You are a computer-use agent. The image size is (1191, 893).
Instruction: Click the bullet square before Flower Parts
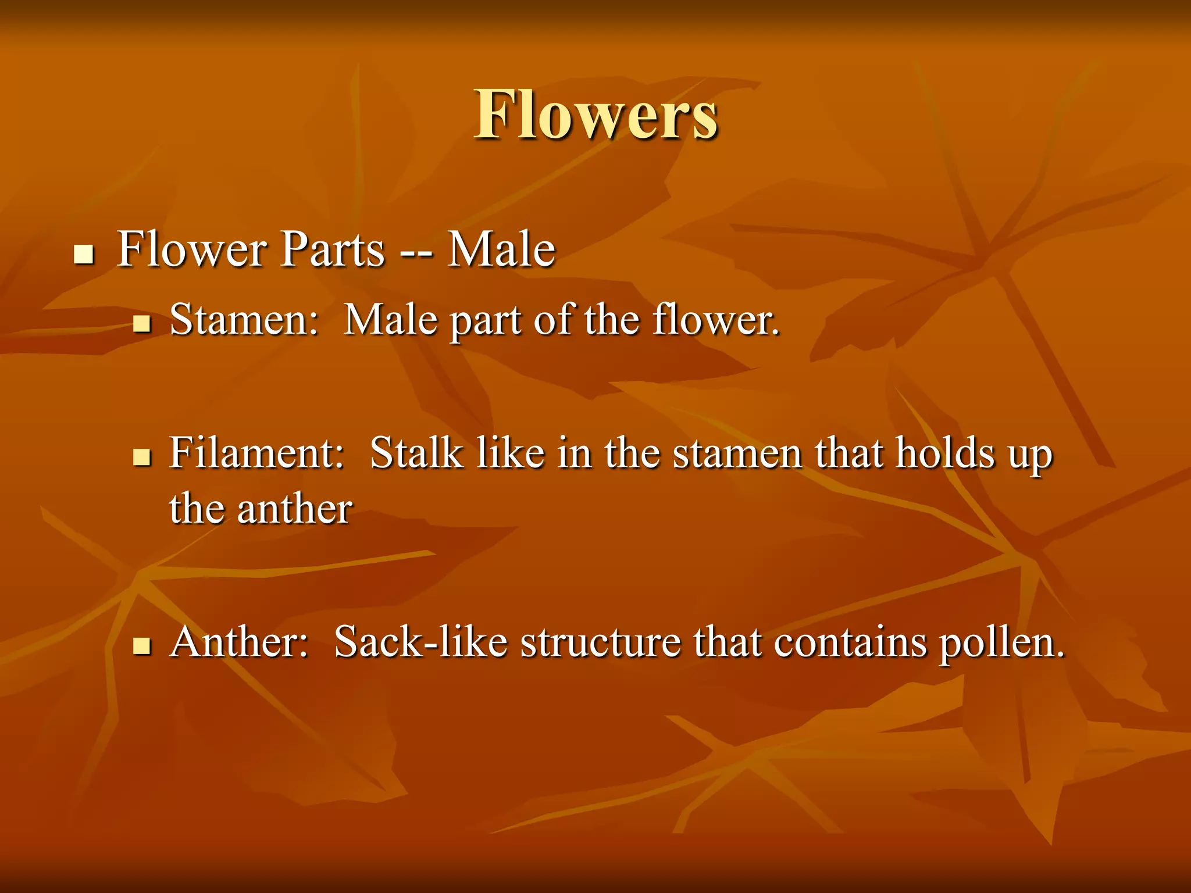pos(84,254)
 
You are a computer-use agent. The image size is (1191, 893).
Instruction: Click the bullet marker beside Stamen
pos(141,323)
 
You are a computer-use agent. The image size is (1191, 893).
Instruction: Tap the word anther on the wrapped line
pos(294,509)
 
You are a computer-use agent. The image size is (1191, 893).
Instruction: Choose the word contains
pos(850,643)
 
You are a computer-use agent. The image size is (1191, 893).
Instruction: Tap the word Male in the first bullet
pos(501,249)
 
